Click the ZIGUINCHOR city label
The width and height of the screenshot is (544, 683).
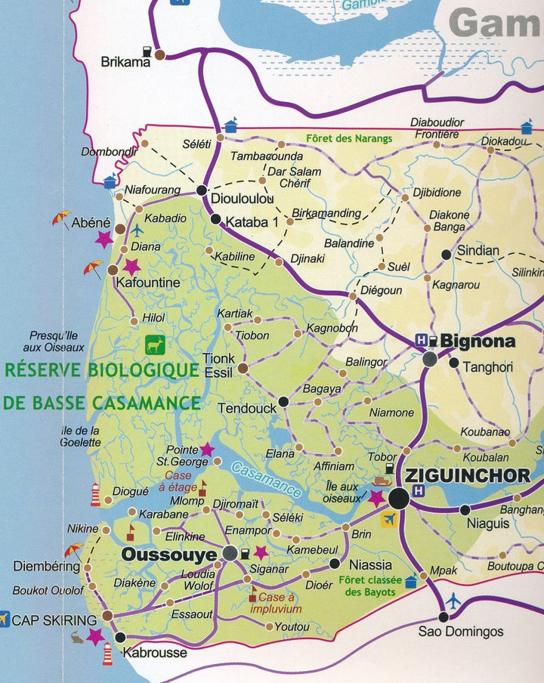[x=467, y=476]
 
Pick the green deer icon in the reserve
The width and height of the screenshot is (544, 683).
[x=156, y=345]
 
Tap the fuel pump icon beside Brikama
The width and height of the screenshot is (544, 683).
[x=161, y=54]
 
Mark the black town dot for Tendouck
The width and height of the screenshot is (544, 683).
[x=283, y=401]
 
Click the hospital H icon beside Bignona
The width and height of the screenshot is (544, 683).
[x=422, y=341]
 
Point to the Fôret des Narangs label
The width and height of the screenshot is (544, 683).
[x=349, y=139]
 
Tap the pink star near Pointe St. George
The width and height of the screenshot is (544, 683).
[x=206, y=450]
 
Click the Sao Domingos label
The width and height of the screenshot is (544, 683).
[x=460, y=632]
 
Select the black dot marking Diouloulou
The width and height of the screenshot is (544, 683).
[x=202, y=190]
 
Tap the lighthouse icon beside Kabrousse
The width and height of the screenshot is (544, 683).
[x=107, y=653]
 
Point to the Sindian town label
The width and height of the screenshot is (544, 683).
[x=478, y=251]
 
